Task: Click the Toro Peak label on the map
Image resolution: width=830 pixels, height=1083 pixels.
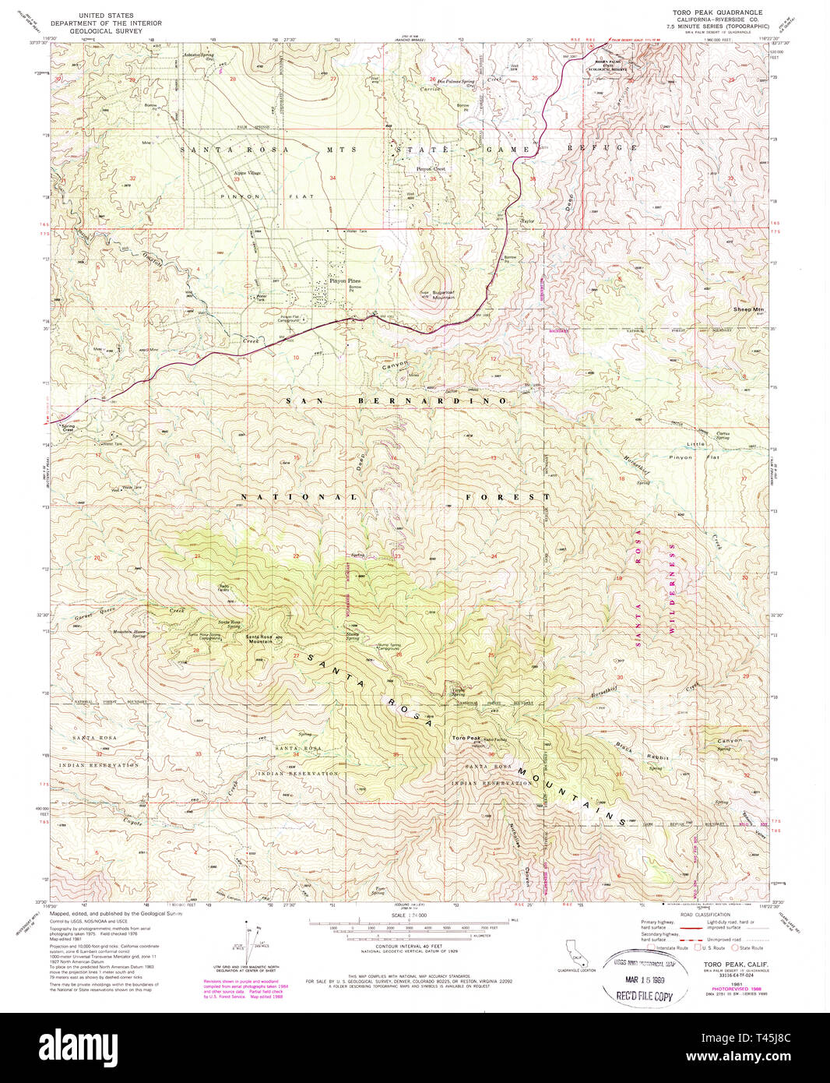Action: click(466, 738)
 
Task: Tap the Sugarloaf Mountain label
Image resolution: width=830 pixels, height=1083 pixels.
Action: click(438, 295)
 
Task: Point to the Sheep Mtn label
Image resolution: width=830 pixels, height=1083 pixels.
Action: click(748, 309)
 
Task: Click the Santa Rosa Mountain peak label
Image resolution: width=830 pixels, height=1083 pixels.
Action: click(258, 639)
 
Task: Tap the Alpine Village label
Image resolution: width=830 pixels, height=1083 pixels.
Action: click(248, 173)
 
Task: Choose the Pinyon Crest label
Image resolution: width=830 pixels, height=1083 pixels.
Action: click(431, 169)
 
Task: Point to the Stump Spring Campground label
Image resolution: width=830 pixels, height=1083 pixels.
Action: click(389, 647)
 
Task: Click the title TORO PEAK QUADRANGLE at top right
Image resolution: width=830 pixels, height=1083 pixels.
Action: click(717, 12)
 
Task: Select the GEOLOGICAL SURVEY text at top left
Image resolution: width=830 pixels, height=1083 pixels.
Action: click(107, 31)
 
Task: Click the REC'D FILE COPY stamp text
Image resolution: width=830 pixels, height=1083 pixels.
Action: click(644, 996)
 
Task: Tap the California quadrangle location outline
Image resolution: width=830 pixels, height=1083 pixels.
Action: click(577, 952)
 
